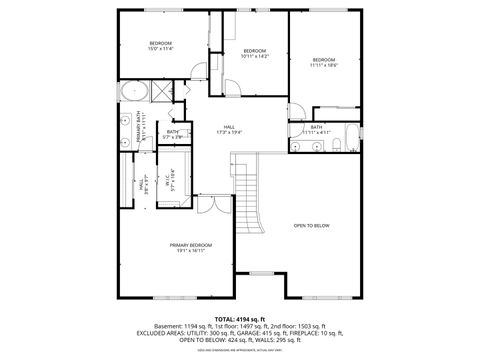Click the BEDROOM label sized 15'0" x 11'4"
[x=161, y=45]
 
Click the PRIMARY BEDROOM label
[x=189, y=248]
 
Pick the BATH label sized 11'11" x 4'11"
[x=316, y=129]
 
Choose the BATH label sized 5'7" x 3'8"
[x=173, y=135]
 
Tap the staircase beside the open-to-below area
[x=247, y=190]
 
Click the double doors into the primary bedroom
[x=206, y=204]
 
